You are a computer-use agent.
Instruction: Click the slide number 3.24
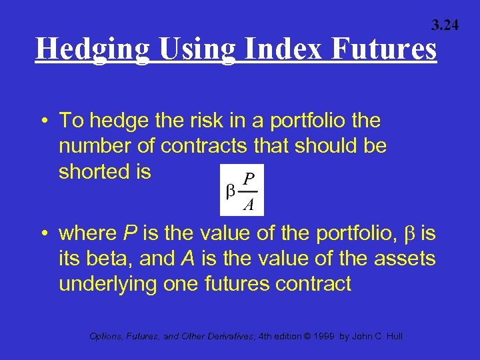[445, 26]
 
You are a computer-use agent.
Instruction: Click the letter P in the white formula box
[249, 178]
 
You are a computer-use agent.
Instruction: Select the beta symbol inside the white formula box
[229, 191]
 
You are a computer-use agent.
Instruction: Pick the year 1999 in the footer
[325, 337]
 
